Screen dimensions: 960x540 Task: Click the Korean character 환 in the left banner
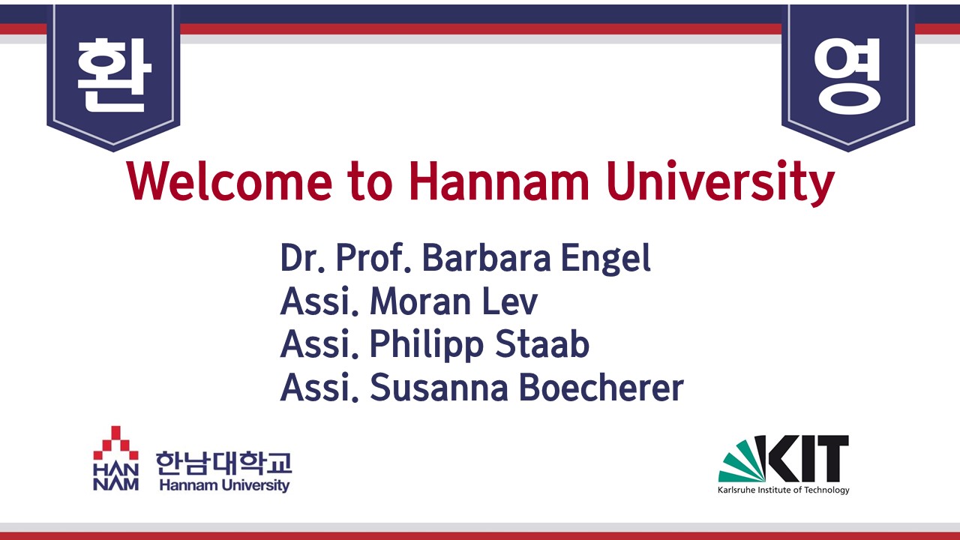[114, 75]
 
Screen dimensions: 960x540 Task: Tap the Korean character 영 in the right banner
[847, 76]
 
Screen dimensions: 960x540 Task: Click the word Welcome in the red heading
[229, 181]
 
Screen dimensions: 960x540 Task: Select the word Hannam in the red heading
[499, 181]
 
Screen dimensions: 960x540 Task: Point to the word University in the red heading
[721, 183]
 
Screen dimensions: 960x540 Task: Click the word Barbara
[487, 257]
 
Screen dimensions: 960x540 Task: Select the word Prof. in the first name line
[373, 257]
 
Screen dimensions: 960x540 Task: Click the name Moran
[421, 301]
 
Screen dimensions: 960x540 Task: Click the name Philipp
[427, 346]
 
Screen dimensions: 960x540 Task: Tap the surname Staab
[542, 343]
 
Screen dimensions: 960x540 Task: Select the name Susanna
[439, 388]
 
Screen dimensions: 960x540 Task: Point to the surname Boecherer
[601, 388]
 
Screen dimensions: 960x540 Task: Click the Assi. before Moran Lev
[319, 301]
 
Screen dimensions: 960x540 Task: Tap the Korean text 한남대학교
[223, 463]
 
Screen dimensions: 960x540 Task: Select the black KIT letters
[802, 458]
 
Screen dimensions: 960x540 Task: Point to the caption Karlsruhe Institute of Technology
[784, 490]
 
